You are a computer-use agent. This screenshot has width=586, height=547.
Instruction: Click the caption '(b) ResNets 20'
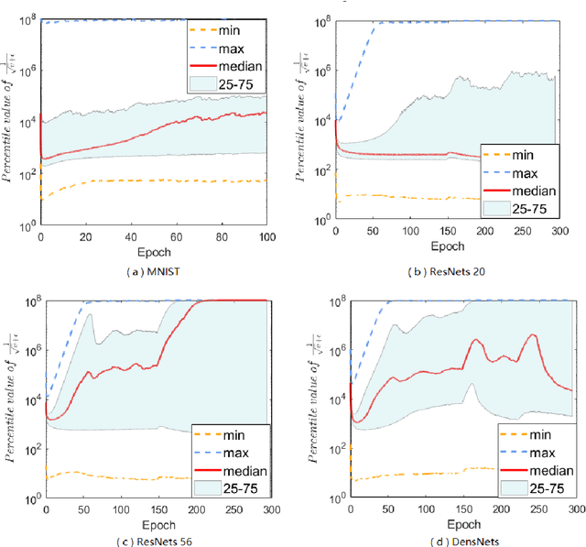pos(440,272)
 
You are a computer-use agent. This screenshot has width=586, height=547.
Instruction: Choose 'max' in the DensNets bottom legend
pos(541,453)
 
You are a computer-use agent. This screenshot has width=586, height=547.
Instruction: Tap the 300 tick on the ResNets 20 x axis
pos(573,233)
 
